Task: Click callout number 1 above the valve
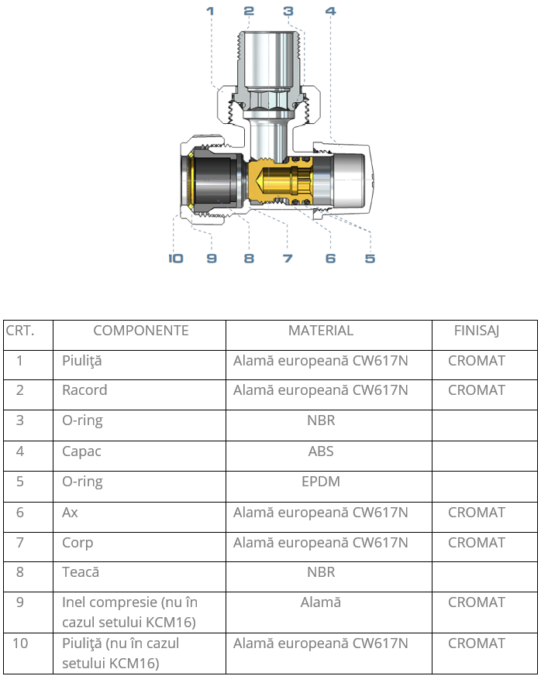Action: point(210,11)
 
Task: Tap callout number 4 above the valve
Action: point(330,11)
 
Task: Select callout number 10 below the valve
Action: point(176,258)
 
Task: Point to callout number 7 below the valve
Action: point(288,258)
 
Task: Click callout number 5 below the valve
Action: point(370,258)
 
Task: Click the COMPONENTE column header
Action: point(141,331)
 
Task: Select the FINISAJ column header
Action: point(477,331)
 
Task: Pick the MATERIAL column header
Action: point(321,331)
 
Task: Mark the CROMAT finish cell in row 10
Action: point(477,643)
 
